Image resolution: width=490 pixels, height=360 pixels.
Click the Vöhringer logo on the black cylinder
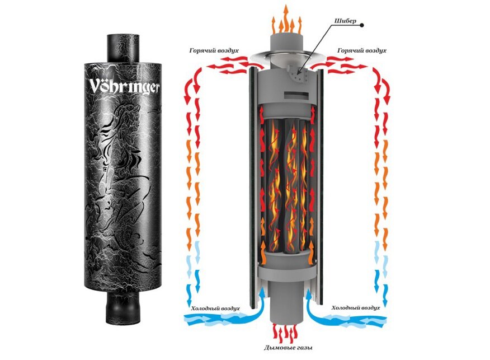[x=124, y=86]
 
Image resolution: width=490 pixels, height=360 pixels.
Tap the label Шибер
[x=345, y=21]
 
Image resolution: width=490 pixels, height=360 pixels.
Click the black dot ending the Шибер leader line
[x=362, y=25]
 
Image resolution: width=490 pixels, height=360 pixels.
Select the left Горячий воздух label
[x=214, y=50]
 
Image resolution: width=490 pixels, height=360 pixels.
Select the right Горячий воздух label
[x=362, y=50]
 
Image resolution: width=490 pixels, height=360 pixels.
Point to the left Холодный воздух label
[x=215, y=308]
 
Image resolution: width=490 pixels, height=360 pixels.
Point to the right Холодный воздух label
[x=356, y=308]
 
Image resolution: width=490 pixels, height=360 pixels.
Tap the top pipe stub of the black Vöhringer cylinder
[x=123, y=48]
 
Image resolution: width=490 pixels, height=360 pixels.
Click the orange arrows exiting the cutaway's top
[x=286, y=20]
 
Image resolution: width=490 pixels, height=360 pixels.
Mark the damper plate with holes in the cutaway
[x=296, y=74]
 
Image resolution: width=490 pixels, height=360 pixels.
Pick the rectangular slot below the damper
[x=295, y=94]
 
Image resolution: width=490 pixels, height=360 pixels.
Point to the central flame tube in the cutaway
[x=291, y=185]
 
